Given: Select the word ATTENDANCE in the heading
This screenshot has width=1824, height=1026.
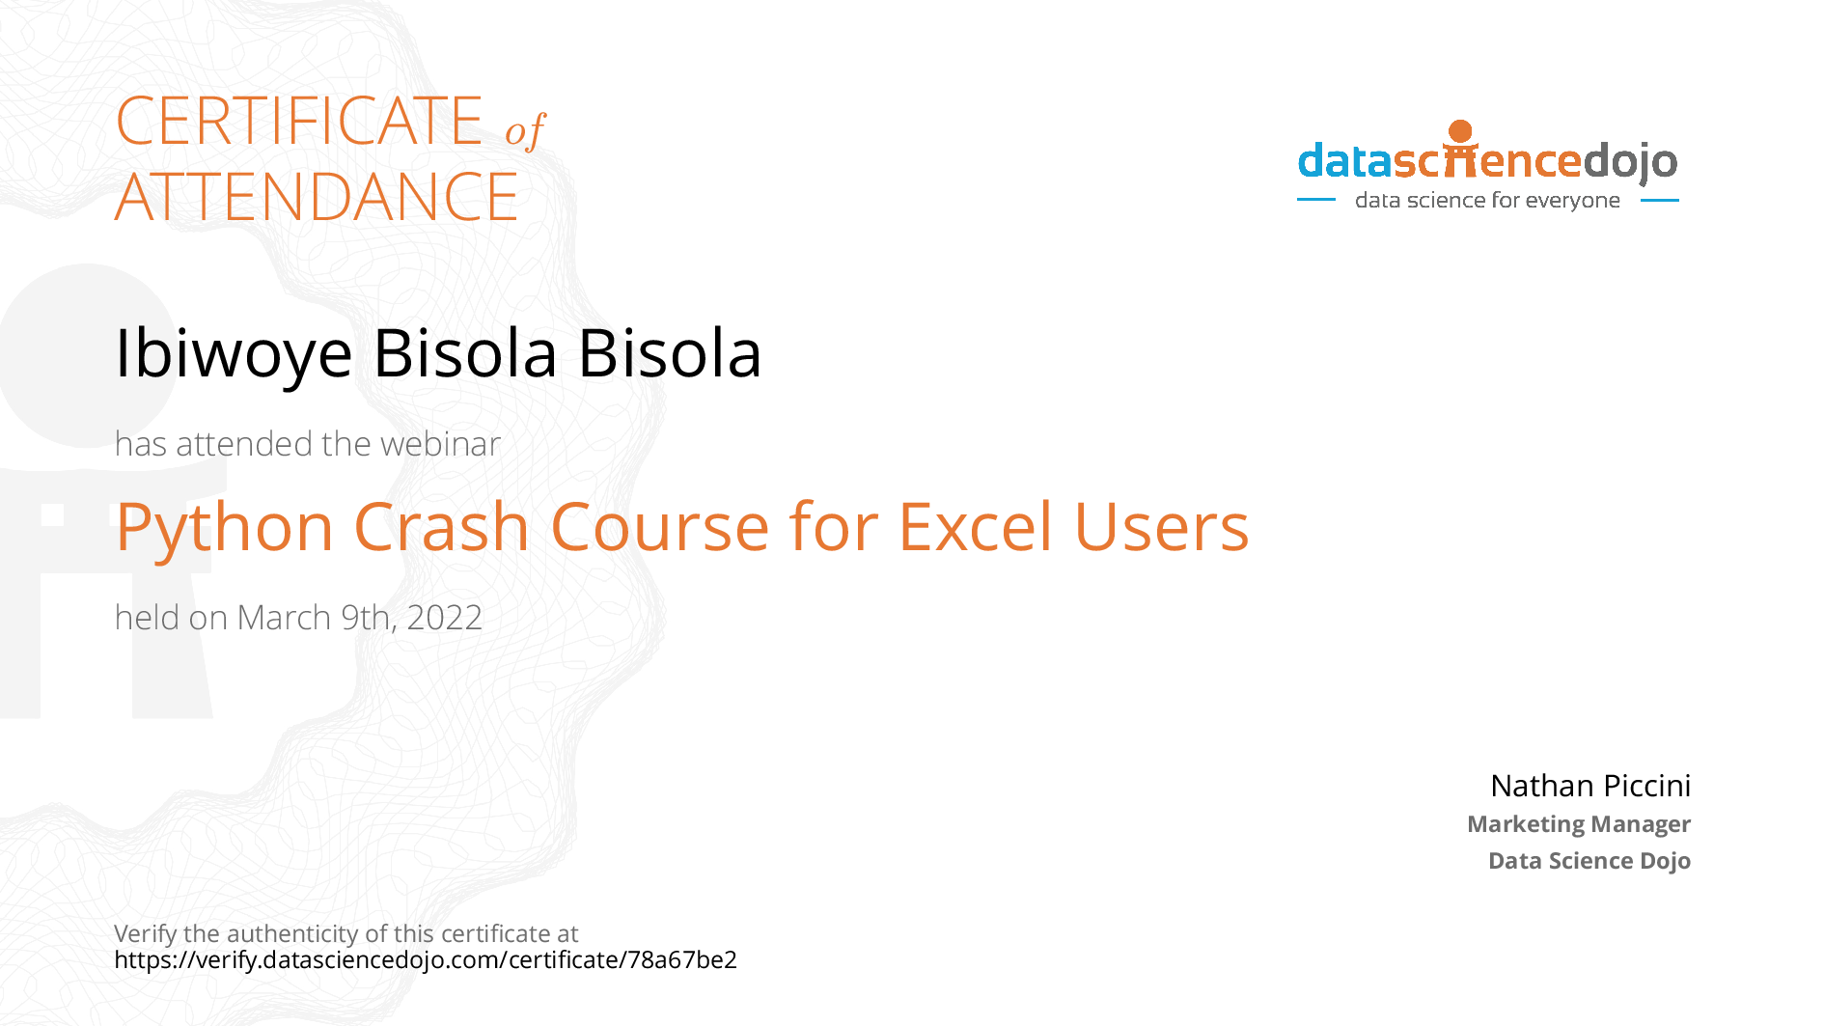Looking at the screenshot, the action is pyautogui.click(x=317, y=197).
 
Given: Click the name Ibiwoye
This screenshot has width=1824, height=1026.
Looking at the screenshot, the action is pyautogui.click(x=234, y=353).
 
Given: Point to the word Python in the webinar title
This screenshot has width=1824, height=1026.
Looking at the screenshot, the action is pyautogui.click(x=225, y=529).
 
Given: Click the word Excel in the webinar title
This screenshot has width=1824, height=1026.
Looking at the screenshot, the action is pyautogui.click(x=976, y=527).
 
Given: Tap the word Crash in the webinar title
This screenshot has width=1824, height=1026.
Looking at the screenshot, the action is pyautogui.click(x=442, y=527).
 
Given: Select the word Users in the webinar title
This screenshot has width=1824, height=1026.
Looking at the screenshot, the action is pyautogui.click(x=1162, y=528).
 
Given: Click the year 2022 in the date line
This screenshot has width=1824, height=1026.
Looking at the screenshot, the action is pyautogui.click(x=444, y=618).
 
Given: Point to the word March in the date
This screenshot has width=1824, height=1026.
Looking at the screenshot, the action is pyautogui.click(x=284, y=618).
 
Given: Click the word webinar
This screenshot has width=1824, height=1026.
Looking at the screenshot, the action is pyautogui.click(x=440, y=444).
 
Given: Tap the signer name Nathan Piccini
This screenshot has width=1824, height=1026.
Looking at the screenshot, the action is pyautogui.click(x=1590, y=786).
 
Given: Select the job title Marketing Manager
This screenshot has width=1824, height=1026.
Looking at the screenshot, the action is pyautogui.click(x=1579, y=824).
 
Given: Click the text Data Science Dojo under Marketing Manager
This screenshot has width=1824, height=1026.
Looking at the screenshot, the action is pyautogui.click(x=1589, y=861).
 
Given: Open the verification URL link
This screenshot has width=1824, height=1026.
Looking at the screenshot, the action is pyautogui.click(x=426, y=960).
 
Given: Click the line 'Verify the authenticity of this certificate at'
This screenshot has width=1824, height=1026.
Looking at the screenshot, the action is pyautogui.click(x=346, y=933).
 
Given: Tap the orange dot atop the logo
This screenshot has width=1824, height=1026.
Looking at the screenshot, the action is pyautogui.click(x=1460, y=131).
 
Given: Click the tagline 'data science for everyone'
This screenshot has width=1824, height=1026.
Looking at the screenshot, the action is pyautogui.click(x=1487, y=200).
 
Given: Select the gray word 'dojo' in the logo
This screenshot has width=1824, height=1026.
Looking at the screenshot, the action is pyautogui.click(x=1630, y=162).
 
